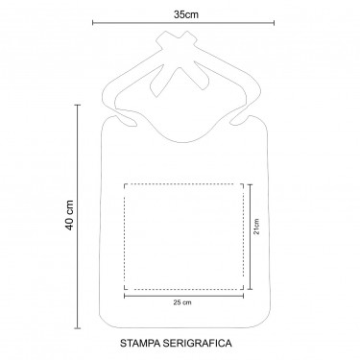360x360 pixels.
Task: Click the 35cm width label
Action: coord(186,14)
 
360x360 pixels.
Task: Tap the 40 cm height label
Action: coord(70,215)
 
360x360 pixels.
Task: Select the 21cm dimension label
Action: coord(256,227)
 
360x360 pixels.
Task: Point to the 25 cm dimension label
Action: coord(182,302)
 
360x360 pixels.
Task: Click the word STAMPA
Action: coord(140,344)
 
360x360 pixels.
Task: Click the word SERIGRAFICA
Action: coord(197,344)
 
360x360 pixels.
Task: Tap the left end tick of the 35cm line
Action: coord(93,22)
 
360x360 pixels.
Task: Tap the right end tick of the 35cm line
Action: coord(274,22)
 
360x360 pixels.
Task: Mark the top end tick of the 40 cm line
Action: coord(77,105)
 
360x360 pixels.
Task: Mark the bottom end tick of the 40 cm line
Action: coord(77,328)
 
